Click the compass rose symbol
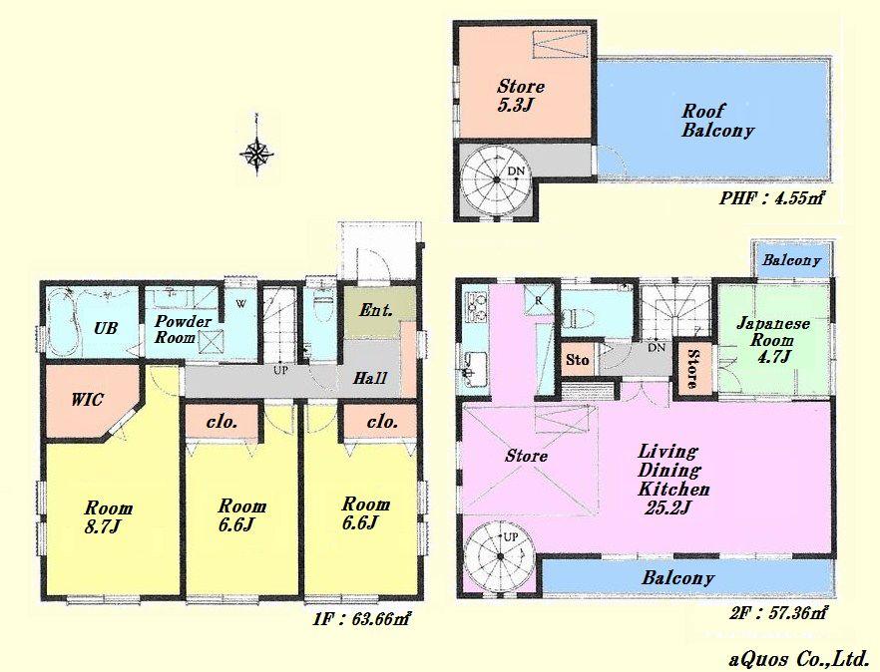pyautogui.click(x=257, y=154)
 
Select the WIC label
pyautogui.click(x=90, y=400)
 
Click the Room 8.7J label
pyautogui.click(x=108, y=515)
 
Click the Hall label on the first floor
pyautogui.click(x=370, y=380)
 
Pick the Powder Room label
pyautogui.click(x=183, y=330)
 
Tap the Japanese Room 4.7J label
pyautogui.click(x=773, y=340)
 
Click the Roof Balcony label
pyautogui.click(x=717, y=121)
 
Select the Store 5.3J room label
pyautogui.click(x=520, y=95)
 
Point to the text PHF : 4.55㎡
pyautogui.click(x=771, y=198)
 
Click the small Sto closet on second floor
pyautogui.click(x=578, y=359)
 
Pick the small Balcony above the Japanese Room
pyautogui.click(x=791, y=260)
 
